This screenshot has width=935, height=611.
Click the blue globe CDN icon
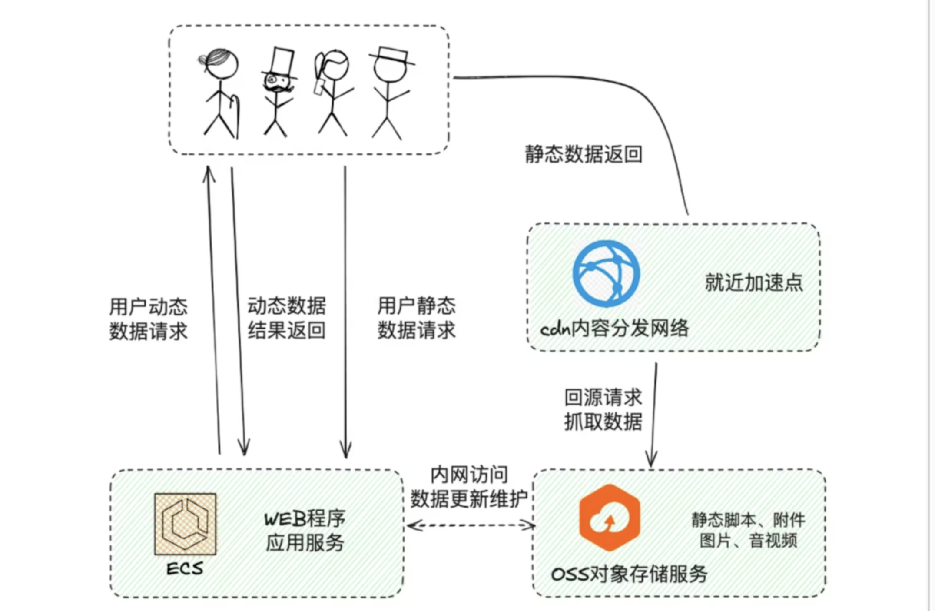click(x=606, y=274)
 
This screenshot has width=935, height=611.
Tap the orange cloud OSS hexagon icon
click(x=610, y=518)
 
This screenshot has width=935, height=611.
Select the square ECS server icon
click(x=185, y=524)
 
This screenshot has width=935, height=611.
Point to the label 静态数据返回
click(x=584, y=154)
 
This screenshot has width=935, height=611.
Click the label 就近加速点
click(x=754, y=282)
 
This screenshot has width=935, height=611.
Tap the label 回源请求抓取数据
click(x=603, y=409)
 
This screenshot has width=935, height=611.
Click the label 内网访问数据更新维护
click(x=469, y=487)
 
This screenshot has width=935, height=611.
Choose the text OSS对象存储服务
click(x=629, y=574)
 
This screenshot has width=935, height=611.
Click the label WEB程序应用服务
click(x=305, y=530)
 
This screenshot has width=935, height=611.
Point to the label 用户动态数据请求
click(x=148, y=319)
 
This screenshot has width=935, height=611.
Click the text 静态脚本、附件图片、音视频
click(x=748, y=530)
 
